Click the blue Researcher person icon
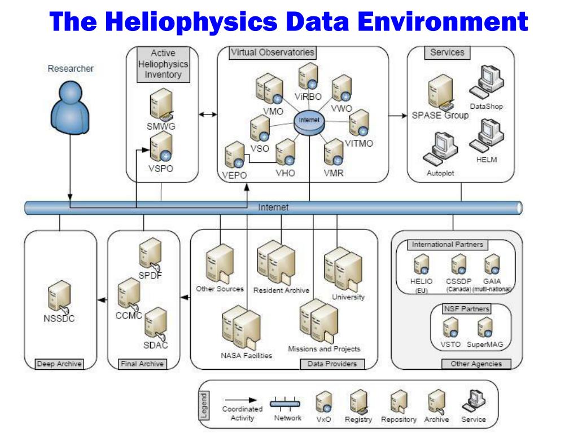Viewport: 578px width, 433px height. point(70,107)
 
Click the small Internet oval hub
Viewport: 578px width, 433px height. point(309,120)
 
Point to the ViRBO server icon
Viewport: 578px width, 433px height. point(309,77)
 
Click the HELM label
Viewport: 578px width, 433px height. point(487,160)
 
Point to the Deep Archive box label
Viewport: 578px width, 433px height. point(59,364)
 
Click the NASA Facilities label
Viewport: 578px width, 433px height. point(246,355)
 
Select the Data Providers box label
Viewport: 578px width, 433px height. point(332,364)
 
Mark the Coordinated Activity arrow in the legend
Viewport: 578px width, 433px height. point(241,400)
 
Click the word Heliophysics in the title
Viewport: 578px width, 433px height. point(191,21)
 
